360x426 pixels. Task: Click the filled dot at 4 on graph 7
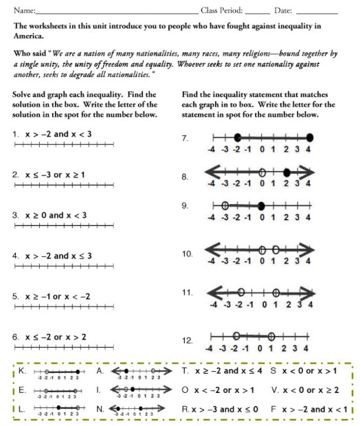pyautogui.click(x=310, y=137)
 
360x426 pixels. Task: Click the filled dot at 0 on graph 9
pyautogui.click(x=261, y=205)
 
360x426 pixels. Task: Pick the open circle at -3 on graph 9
pyautogui.click(x=225, y=205)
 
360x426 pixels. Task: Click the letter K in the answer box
pyautogui.click(x=23, y=370)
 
